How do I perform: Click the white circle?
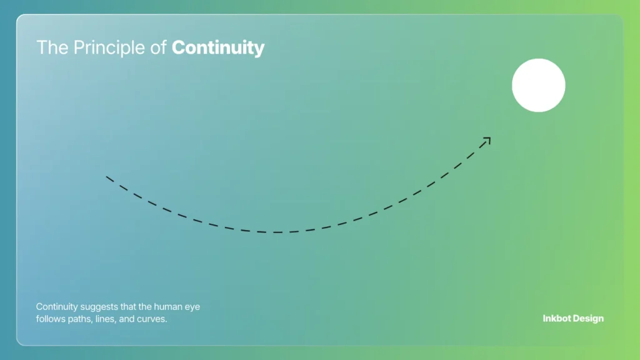[x=539, y=86]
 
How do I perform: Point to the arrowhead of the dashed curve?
[x=487, y=140]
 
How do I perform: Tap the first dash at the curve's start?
[x=109, y=179]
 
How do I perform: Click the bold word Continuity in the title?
[x=218, y=48]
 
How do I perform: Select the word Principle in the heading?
[x=110, y=48]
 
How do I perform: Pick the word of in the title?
[x=160, y=48]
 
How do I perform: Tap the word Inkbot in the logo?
[x=557, y=319]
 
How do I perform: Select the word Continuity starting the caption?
[x=57, y=307]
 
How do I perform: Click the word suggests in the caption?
[x=100, y=307]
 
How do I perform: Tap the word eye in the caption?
[x=193, y=307]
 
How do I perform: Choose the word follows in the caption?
[x=50, y=320]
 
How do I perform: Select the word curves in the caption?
[x=153, y=320]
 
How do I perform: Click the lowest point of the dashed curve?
[x=278, y=232]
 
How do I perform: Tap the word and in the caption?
[x=129, y=320]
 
